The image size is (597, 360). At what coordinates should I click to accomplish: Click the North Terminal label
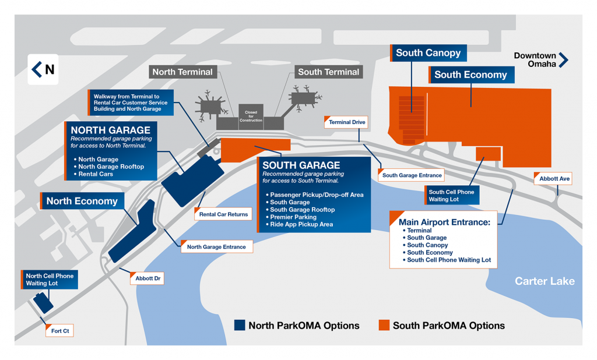[x=182, y=72]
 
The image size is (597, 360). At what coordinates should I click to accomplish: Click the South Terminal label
[x=328, y=72]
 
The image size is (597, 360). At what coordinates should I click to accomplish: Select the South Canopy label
[x=429, y=53]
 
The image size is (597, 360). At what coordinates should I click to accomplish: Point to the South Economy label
[x=470, y=75]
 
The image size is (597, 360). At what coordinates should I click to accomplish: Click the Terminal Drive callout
[x=347, y=122]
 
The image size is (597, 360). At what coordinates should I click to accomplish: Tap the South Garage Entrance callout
[x=412, y=175]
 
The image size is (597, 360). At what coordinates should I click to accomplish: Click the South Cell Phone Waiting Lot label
[x=452, y=195]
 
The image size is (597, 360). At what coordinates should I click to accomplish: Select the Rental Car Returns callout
[x=223, y=214]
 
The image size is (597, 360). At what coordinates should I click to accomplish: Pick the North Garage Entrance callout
[x=216, y=247]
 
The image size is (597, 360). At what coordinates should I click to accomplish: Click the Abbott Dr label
[x=148, y=278]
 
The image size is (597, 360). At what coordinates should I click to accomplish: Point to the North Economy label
[x=82, y=202]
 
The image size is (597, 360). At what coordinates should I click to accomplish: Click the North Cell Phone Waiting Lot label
[x=50, y=280]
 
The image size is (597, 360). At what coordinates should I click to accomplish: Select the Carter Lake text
[x=545, y=281]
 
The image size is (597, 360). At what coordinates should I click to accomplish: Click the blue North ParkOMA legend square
[x=240, y=325]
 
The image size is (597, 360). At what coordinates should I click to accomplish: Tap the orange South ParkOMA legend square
[x=384, y=325]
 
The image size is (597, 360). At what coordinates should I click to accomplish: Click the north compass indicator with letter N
[x=43, y=69]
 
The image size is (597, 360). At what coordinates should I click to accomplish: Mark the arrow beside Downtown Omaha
[x=564, y=60]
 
